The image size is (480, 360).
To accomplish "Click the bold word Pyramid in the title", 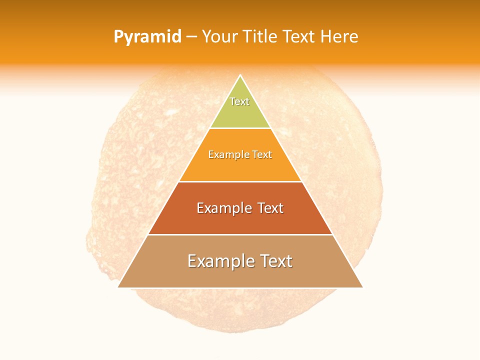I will tap(147, 37).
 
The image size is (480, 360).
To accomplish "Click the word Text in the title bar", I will tap(299, 36).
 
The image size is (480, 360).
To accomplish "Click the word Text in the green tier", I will tap(239, 101).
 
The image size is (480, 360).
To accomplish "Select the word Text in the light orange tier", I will tap(262, 154).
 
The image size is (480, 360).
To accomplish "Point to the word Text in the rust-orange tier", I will tap(270, 208).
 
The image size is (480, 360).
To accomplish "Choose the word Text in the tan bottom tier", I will tap(276, 261).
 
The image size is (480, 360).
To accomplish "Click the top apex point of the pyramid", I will tap(240, 75).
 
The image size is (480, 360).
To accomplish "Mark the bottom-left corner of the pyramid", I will tap(118, 287).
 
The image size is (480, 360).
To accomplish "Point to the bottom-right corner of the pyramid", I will tap(362, 287).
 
